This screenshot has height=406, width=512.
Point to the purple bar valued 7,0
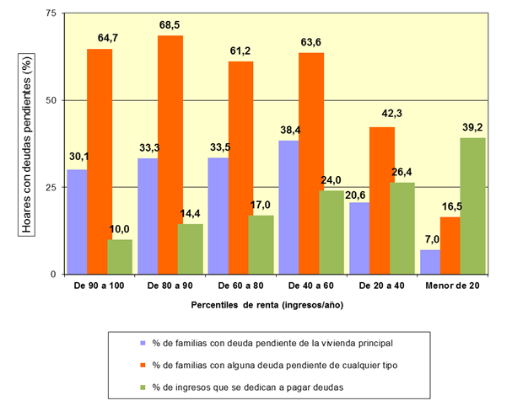pyautogui.click(x=429, y=262)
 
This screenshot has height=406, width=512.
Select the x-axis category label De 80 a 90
pyautogui.click(x=170, y=287)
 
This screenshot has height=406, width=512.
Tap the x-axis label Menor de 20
pyautogui.click(x=452, y=287)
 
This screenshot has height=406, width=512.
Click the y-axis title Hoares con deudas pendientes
pyautogui.click(x=28, y=143)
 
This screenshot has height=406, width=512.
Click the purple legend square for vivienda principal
pyautogui.click(x=143, y=342)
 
